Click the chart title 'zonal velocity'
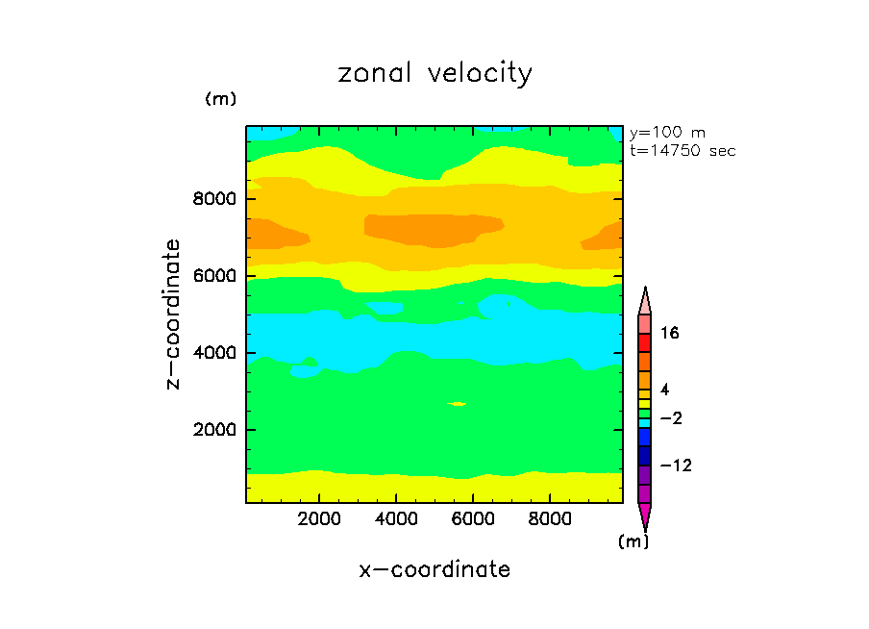click(x=434, y=74)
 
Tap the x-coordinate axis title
click(x=434, y=569)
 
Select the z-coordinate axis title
click(x=174, y=314)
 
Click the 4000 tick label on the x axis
click(x=396, y=519)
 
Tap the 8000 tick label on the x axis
click(x=548, y=519)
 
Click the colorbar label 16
click(x=670, y=333)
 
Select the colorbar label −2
click(x=670, y=418)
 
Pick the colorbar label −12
click(x=674, y=465)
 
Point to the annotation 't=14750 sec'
click(x=683, y=151)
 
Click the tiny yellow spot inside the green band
click(x=458, y=404)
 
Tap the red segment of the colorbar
click(x=645, y=343)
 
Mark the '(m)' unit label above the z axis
click(x=220, y=99)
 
